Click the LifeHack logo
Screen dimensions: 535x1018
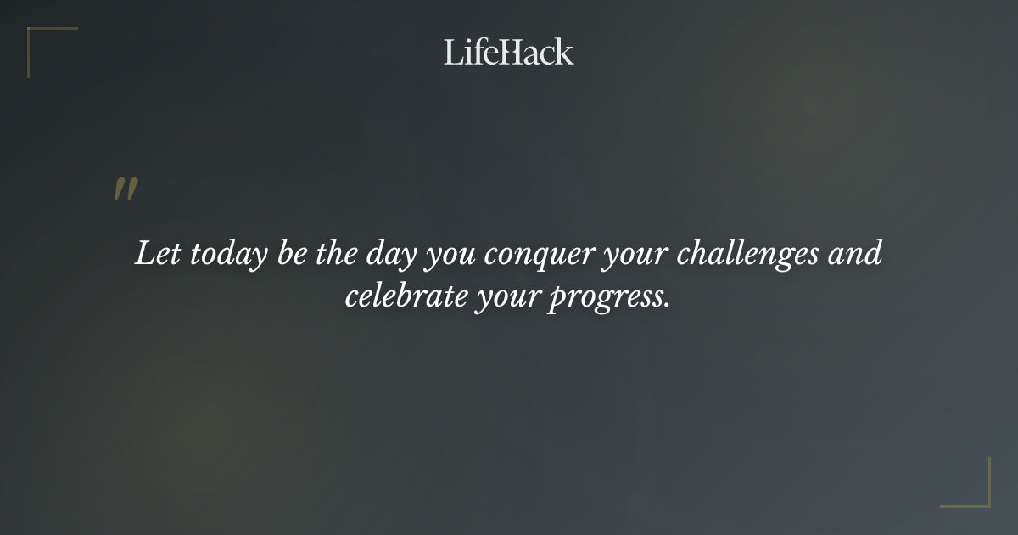tap(509, 52)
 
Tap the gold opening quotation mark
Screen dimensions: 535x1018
tap(125, 189)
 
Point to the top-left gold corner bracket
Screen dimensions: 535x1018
tap(38, 38)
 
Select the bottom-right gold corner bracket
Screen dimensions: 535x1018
tap(979, 496)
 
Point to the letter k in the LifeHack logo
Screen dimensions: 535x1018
tap(563, 52)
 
